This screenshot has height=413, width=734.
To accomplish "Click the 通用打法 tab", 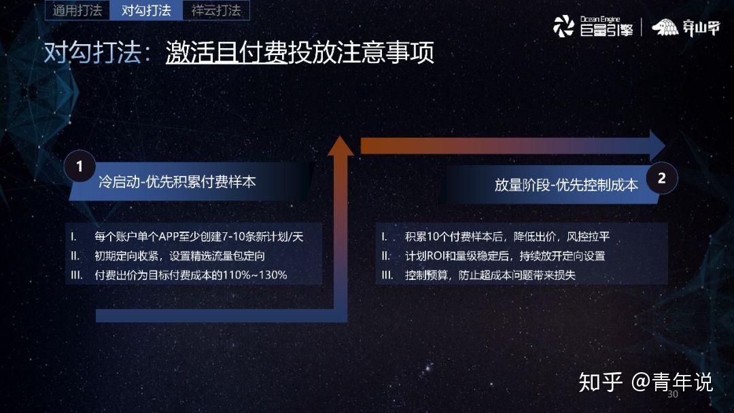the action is [77, 10].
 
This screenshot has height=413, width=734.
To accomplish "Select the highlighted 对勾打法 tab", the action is [146, 10].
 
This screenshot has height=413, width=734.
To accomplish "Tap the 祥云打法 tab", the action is [216, 10].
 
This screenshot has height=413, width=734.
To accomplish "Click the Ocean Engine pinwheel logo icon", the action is [563, 26].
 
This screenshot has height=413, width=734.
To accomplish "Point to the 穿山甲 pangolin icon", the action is [665, 28].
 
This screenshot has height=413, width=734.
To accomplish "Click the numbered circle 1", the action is [80, 166].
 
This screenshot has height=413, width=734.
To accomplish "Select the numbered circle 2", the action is [661, 178].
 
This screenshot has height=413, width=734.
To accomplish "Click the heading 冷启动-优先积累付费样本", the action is [177, 181].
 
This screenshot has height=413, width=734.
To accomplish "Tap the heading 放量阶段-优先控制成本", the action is [566, 185].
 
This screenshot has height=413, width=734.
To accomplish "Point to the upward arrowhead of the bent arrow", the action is [340, 145].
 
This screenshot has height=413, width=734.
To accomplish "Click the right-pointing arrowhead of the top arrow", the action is [657, 145].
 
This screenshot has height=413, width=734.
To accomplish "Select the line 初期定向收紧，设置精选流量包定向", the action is [179, 256].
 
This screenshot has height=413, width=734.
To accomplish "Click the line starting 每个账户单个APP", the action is [199, 236].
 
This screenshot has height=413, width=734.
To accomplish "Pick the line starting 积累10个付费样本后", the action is [508, 236].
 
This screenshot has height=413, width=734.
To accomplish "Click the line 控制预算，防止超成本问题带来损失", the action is [490, 275].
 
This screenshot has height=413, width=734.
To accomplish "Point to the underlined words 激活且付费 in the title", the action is [226, 52].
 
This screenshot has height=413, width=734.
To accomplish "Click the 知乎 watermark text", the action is [601, 382].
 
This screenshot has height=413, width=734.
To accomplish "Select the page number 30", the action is [673, 394].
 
